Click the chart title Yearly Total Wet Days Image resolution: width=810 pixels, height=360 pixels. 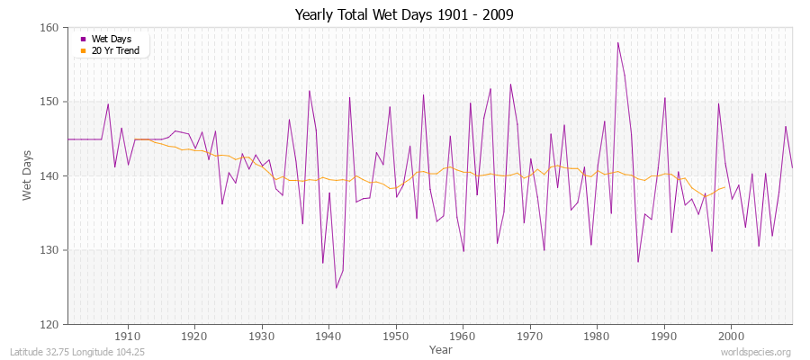pyautogui.click(x=404, y=15)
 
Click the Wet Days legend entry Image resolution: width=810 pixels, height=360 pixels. pyautogui.click(x=111, y=39)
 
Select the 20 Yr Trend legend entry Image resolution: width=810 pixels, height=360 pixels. pyautogui.click(x=115, y=50)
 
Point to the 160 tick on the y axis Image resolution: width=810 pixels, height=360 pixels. pyautogui.click(x=49, y=28)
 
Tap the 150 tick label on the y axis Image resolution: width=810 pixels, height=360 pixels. pyautogui.click(x=49, y=102)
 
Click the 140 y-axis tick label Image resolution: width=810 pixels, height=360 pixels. pyautogui.click(x=49, y=175)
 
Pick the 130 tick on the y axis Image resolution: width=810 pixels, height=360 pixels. pyautogui.click(x=49, y=250)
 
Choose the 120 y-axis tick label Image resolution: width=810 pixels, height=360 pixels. pyautogui.click(x=49, y=324)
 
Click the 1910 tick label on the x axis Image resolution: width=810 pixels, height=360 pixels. pyautogui.click(x=128, y=336)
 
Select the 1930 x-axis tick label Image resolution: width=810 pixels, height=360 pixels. pyautogui.click(x=262, y=336)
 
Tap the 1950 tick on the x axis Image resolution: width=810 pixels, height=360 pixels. pyautogui.click(x=396, y=336)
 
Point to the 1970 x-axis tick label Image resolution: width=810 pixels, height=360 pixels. pyautogui.click(x=530, y=336)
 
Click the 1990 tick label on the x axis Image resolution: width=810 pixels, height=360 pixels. pyautogui.click(x=664, y=336)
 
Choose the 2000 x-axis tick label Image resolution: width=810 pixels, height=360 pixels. pyautogui.click(x=731, y=336)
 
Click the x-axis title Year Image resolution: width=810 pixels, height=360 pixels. pyautogui.click(x=429, y=348)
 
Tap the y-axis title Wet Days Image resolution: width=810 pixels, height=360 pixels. pyautogui.click(x=28, y=175)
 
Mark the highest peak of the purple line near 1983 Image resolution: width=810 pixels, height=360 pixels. pyautogui.click(x=617, y=42)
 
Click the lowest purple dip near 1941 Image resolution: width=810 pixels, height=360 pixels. pyautogui.click(x=336, y=288)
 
